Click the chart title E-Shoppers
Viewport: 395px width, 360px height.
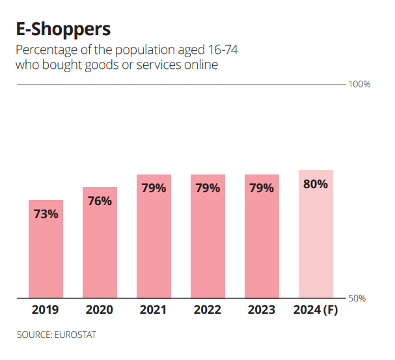point(63,29)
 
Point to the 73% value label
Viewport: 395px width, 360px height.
point(46,214)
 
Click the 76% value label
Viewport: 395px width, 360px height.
point(100,201)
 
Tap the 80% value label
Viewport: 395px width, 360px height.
point(316,184)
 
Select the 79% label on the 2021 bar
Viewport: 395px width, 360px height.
point(154,188)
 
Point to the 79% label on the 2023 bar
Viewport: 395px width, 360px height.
point(262,188)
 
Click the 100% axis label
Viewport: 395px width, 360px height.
point(360,85)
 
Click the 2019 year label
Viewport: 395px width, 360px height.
point(46,310)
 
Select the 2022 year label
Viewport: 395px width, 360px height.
point(208,310)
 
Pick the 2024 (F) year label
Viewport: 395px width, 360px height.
point(316,310)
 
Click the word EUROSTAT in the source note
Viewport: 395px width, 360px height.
point(78,335)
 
